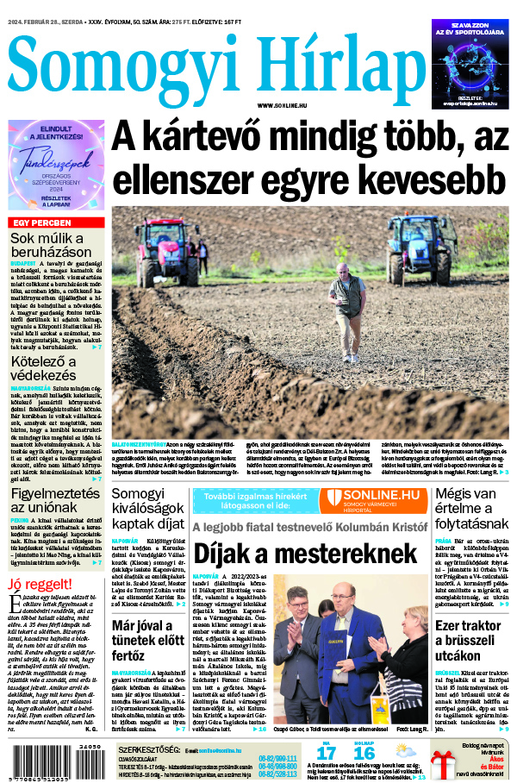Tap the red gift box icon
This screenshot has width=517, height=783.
coord(443,763)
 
